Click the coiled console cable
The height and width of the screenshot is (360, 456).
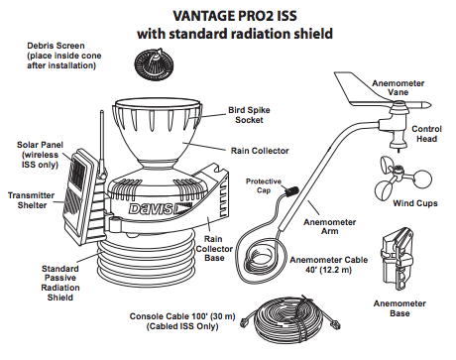[291, 320]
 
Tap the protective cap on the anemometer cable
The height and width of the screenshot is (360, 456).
[291, 191]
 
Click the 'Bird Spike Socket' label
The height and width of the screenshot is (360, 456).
[249, 115]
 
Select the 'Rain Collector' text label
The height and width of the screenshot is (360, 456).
[260, 151]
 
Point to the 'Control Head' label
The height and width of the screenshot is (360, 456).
[426, 134]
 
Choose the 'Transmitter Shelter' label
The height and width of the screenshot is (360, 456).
[32, 200]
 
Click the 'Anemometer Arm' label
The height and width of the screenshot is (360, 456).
[330, 227]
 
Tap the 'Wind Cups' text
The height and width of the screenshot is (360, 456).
[415, 203]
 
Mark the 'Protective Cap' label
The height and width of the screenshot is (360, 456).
[264, 185]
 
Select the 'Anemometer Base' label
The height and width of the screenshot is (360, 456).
[399, 308]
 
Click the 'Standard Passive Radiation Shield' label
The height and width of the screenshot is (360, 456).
[60, 283]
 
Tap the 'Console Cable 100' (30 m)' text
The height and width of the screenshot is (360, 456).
[182, 316]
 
